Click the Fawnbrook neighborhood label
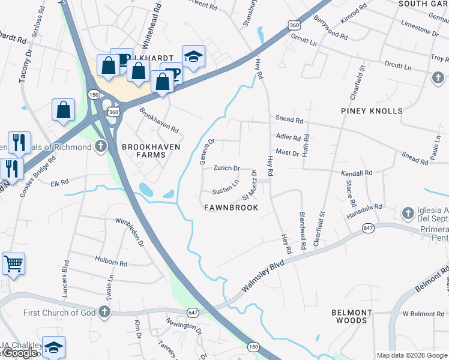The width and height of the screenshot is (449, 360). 231,208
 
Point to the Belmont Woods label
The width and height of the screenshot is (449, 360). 351,316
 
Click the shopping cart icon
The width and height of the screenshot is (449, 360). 13,263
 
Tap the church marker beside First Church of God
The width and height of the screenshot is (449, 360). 104,312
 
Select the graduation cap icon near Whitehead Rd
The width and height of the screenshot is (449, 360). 193,56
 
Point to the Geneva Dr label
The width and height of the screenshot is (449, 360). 206,152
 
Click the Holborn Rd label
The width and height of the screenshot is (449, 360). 111,262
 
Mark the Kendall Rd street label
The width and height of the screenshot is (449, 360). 357,173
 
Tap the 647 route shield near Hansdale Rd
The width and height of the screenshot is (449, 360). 369,229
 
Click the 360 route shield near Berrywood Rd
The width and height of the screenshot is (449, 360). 294,25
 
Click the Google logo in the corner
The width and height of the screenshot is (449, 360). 20,353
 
